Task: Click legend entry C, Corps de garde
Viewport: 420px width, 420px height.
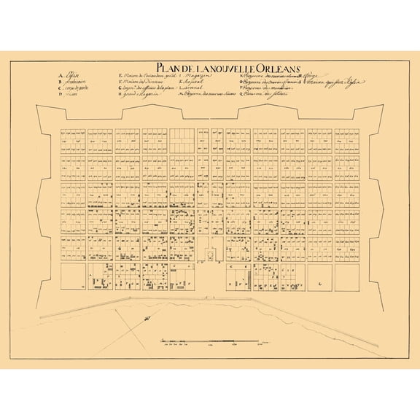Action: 73,90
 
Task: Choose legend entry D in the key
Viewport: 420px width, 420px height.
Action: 69,98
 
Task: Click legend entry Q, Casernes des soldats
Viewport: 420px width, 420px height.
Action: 266,98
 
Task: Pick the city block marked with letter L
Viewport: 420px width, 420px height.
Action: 319,277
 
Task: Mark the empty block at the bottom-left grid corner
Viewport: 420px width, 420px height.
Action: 73,277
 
